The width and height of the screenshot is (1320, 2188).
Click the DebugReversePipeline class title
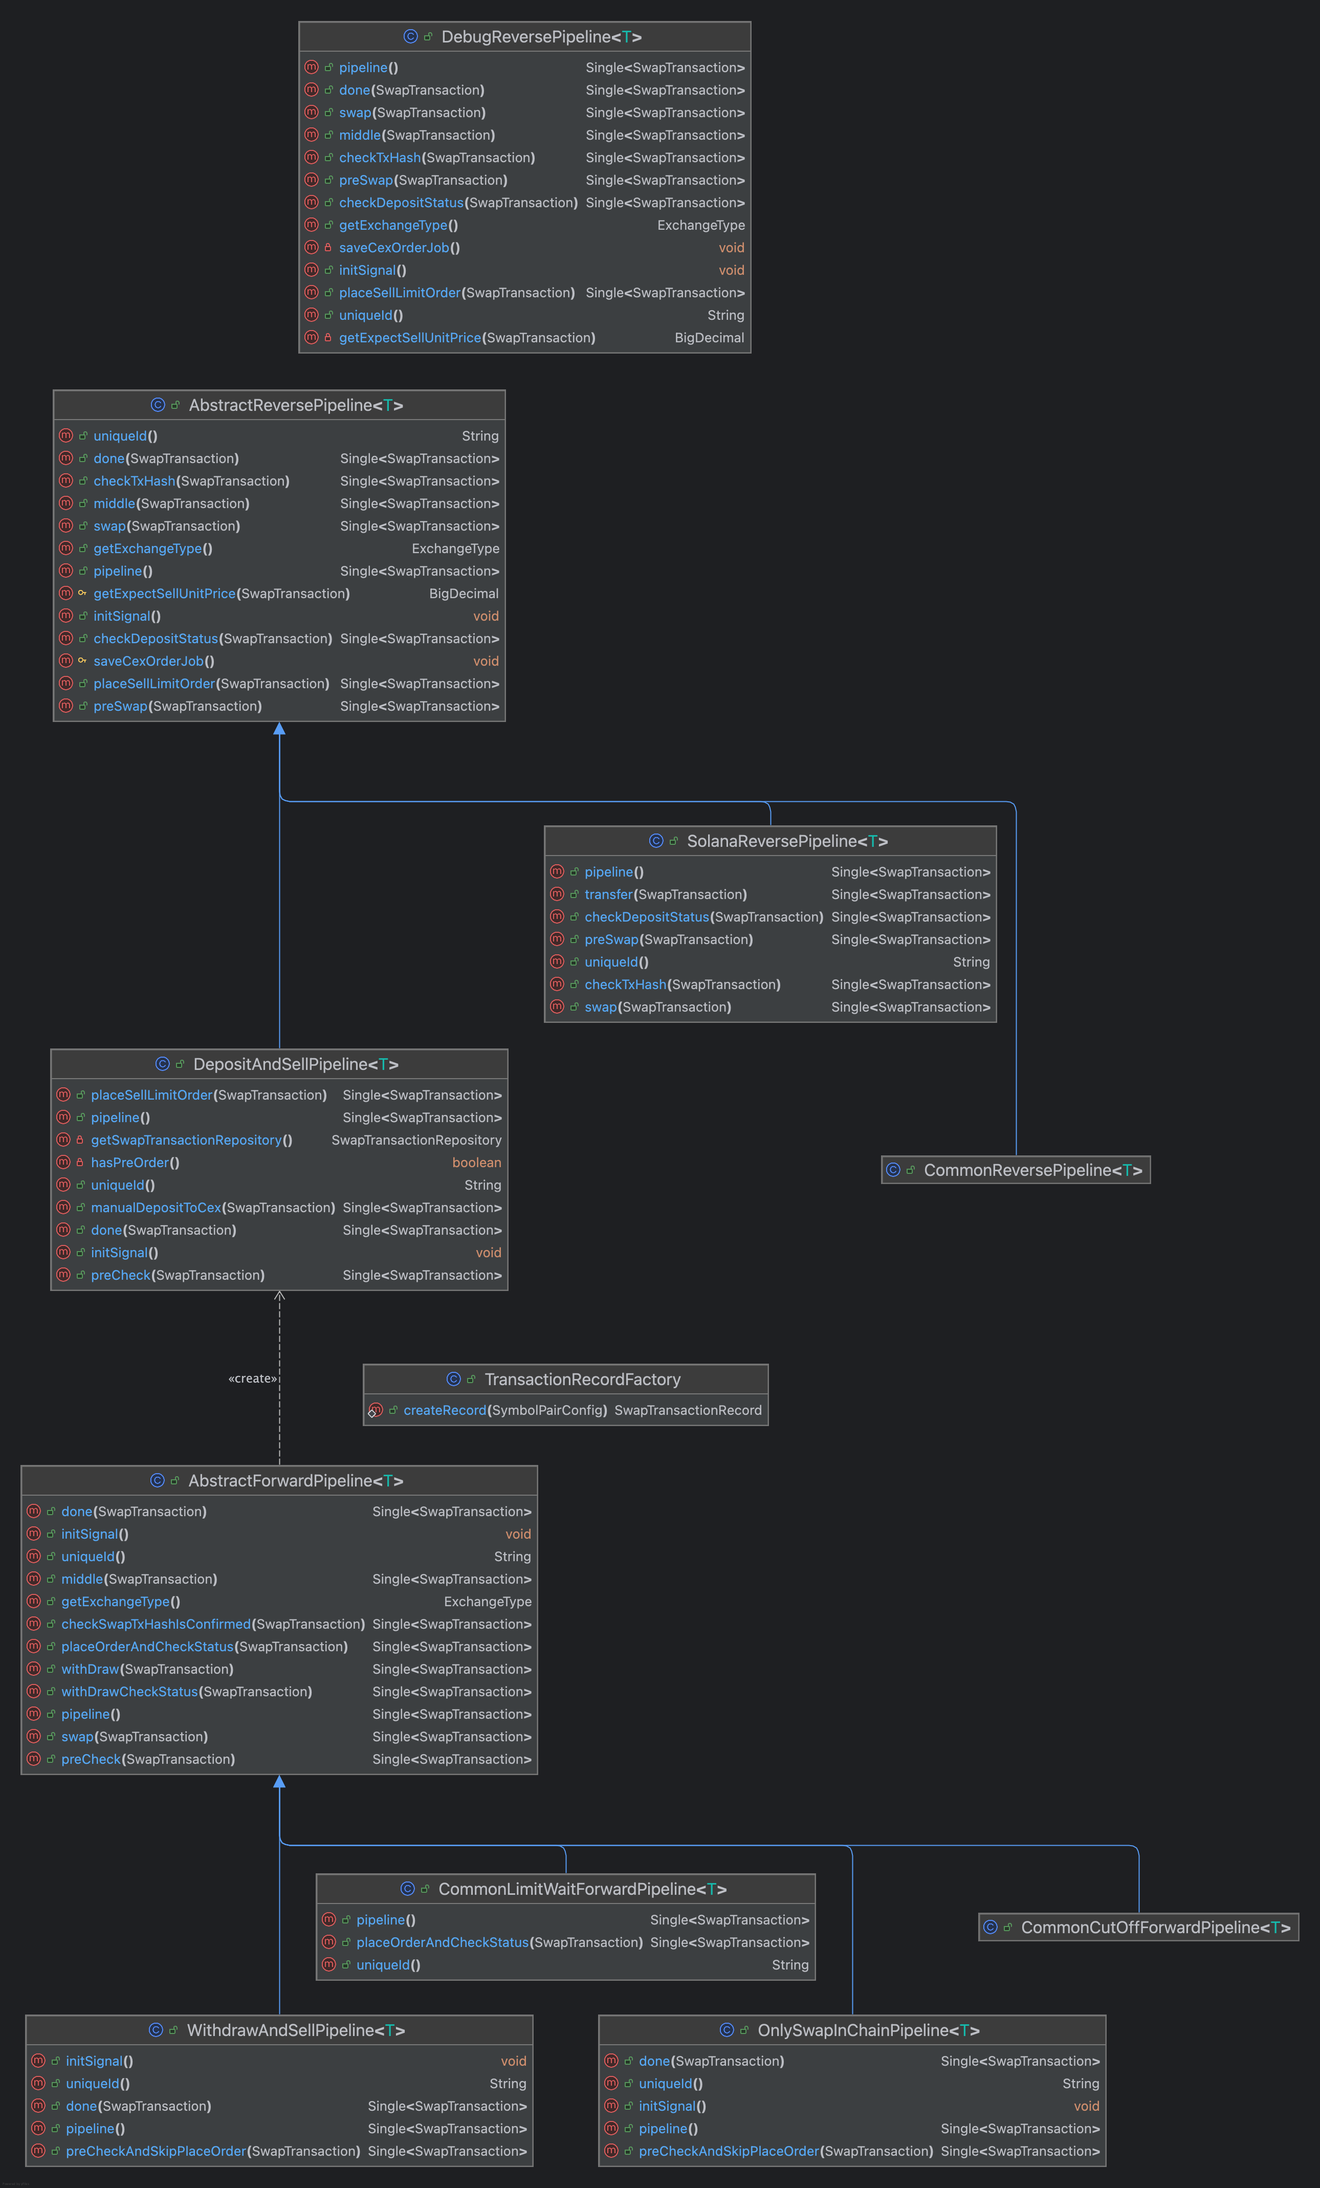(x=541, y=36)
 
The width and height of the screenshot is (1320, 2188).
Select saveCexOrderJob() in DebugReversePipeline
(x=400, y=248)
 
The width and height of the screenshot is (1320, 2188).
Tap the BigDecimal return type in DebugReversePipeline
(x=709, y=337)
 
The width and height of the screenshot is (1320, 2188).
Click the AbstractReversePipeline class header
(x=296, y=405)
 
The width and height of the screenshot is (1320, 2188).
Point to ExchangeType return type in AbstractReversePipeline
(x=455, y=549)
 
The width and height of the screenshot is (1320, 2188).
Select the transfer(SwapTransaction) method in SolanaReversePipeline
(x=666, y=894)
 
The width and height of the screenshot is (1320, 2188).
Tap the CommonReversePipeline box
(x=1016, y=1170)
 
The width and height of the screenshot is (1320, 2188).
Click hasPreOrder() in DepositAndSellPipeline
(x=135, y=1163)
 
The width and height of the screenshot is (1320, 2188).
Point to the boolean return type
(x=477, y=1163)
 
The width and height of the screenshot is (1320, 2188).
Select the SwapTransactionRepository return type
(x=416, y=1140)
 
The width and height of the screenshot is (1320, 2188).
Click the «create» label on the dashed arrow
(x=253, y=1378)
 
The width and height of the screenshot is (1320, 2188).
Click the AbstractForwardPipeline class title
(x=296, y=1480)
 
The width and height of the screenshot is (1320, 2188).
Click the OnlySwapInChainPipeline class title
(x=868, y=2030)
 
